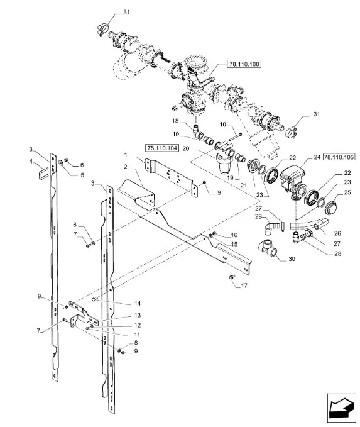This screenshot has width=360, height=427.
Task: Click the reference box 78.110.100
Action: pos(244,64)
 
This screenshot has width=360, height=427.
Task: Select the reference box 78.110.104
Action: pos(162,148)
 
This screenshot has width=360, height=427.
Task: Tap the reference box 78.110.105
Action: pos(339,157)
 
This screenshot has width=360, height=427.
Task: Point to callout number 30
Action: pos(292,258)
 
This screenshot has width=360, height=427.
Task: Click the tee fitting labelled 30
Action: pos(268,248)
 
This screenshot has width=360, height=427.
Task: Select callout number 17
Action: pos(244,286)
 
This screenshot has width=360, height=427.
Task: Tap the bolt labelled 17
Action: pos(232,277)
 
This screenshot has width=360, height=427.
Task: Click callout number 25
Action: pos(347,192)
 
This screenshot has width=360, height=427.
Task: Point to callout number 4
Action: pos(31,162)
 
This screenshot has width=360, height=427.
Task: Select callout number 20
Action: pos(185,148)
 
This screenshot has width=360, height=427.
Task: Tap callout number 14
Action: pos(138,303)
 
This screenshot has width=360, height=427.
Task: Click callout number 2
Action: pos(126,167)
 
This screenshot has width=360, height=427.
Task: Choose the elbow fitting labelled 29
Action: pos(271,228)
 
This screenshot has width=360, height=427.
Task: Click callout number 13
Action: pos(138,315)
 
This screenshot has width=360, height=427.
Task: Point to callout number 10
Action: pos(223,125)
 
